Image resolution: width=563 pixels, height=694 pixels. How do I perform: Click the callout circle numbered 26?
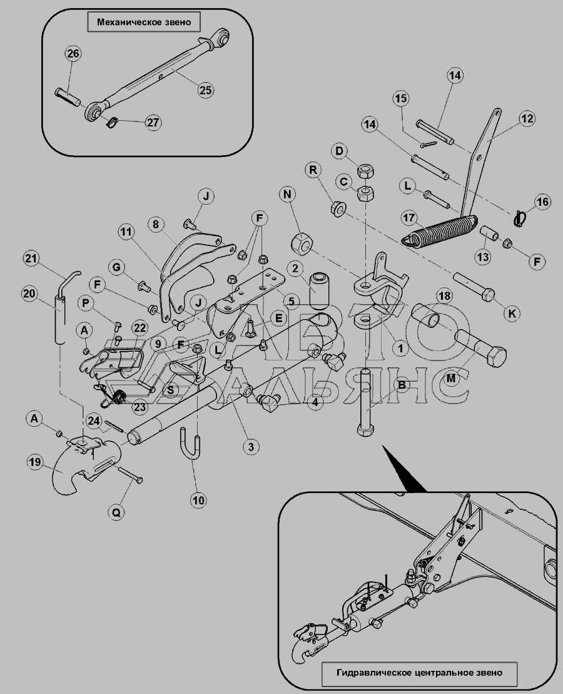tap(73, 54)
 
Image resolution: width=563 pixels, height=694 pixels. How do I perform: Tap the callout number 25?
tap(205, 90)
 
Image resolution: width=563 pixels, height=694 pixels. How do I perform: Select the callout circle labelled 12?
tap(525, 118)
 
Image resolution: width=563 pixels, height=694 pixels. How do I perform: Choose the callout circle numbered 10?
tap(199, 500)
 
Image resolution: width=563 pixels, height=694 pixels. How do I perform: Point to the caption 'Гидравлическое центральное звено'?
tap(418, 673)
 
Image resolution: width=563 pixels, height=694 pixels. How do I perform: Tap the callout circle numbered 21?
tap(31, 258)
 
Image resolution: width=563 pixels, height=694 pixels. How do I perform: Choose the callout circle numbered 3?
tap(251, 447)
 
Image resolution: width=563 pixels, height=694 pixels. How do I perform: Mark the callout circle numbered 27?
tap(151, 122)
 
